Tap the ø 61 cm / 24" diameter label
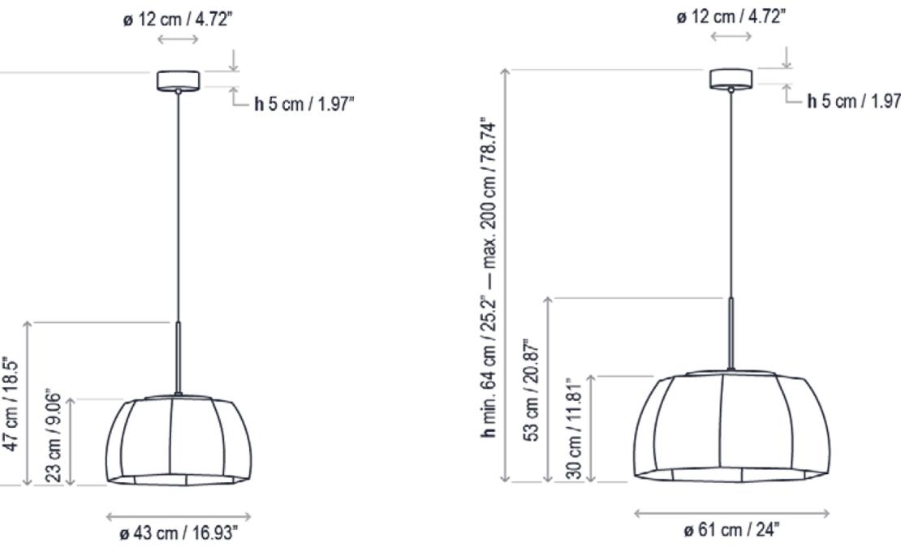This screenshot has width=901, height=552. tap(731, 531)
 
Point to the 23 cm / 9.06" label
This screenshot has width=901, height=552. tap(56, 442)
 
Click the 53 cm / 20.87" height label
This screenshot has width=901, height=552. tap(533, 390)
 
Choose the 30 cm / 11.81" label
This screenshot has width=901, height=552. tap(574, 428)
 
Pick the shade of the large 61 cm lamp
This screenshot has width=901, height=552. tap(731, 427)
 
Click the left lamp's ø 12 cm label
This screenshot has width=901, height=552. tap(178, 18)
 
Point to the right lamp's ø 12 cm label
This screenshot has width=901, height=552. tap(731, 15)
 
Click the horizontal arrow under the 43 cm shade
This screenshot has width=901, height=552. tap(178, 515)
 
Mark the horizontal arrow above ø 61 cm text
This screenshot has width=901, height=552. tap(731, 512)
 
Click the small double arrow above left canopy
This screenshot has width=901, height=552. tap(178, 38)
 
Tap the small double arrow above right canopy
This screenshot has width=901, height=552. tap(731, 37)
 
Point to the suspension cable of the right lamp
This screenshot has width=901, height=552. tap(731, 195)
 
